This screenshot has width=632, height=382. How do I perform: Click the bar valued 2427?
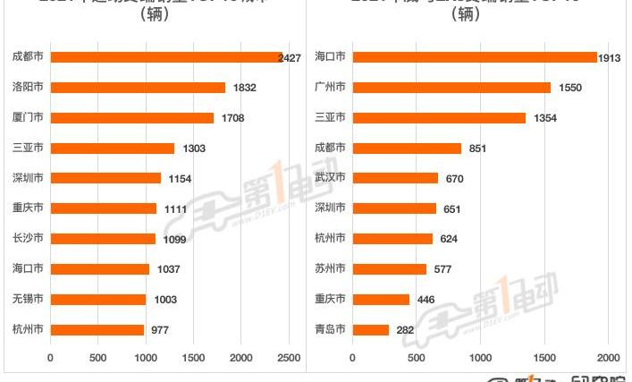pyautogui.click(x=165, y=57)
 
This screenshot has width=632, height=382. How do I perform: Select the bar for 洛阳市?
pyautogui.click(x=138, y=88)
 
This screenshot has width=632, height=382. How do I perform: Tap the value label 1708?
pyautogui.click(x=232, y=118)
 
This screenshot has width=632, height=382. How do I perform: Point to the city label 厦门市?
pyautogui.click(x=29, y=118)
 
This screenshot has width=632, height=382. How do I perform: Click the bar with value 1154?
pyautogui.click(x=105, y=178)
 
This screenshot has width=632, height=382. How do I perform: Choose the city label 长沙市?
pyautogui.click(x=29, y=239)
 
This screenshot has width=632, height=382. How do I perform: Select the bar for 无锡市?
pyautogui.click(x=97, y=299)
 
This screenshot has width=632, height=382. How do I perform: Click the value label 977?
pyautogui.click(x=162, y=329)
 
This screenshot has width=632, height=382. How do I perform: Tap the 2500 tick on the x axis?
pyautogui.click(x=288, y=358)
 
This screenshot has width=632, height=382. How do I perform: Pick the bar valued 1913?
pyautogui.click(x=475, y=57)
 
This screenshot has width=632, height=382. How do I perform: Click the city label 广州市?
pyautogui.click(x=332, y=88)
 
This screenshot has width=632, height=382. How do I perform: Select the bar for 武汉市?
pyautogui.click(x=395, y=178)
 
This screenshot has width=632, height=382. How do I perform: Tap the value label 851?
pyautogui.click(x=477, y=149)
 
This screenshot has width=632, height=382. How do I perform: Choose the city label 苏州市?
pyautogui.click(x=332, y=268)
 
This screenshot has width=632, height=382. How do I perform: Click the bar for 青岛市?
pyautogui.click(x=371, y=329)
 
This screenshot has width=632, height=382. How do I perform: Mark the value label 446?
pyautogui.click(x=426, y=299)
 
